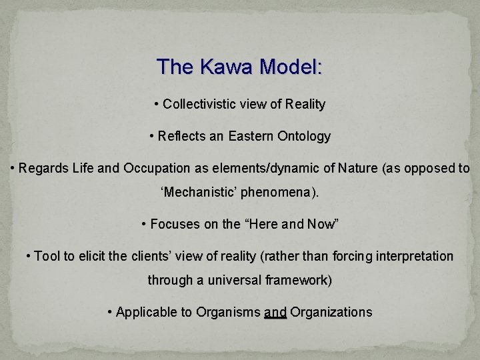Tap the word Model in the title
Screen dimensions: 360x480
pyautogui.click(x=291, y=67)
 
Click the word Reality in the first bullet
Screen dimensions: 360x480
pyautogui.click(x=303, y=105)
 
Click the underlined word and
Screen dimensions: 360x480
pyautogui.click(x=275, y=312)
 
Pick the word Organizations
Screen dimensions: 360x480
pyautogui.click(x=331, y=312)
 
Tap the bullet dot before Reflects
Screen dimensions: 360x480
pyautogui.click(x=152, y=137)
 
